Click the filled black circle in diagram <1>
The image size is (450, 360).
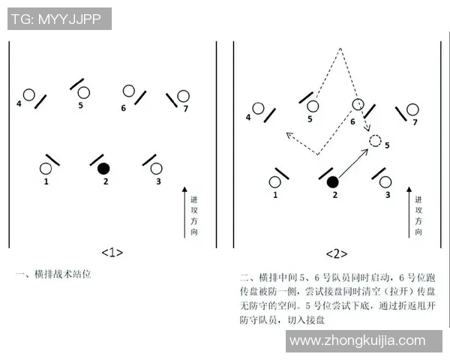coord(104,167)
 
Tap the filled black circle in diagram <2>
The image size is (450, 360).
coord(333,181)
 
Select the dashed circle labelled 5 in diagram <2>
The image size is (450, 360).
coord(376,140)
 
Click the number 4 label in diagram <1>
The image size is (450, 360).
coord(19,103)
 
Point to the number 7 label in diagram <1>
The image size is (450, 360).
coord(185,109)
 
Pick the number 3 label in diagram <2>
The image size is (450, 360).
coord(388,194)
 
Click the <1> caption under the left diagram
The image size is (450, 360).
coord(112,252)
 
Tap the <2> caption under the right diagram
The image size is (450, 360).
coord(337,253)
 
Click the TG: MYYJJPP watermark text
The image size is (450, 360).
coord(59,19)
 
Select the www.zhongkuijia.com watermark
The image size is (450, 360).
coord(364,341)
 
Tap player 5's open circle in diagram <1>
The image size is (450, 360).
coord(83,93)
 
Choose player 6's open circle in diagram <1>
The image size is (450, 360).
coord(129,91)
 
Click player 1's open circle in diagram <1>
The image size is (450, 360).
coord(46,168)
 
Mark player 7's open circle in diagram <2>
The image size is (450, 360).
coord(411,109)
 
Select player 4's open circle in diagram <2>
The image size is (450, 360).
coord(258,109)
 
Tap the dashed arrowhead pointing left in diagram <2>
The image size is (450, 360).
coord(287,135)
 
